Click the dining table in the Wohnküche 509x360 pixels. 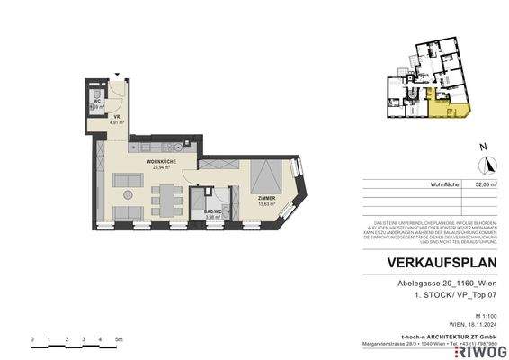pos(165,196)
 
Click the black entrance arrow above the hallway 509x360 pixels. pos(117,76)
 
